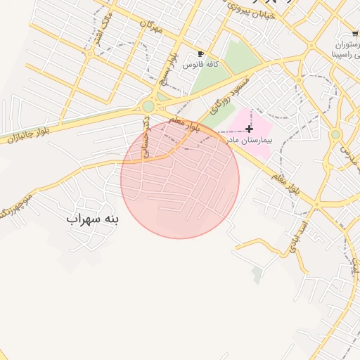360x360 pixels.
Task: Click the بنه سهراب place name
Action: tap(93, 219)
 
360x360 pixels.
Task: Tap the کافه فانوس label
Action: tap(201, 64)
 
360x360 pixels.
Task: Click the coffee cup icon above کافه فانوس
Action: tap(201, 54)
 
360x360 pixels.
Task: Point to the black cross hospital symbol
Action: tap(249, 129)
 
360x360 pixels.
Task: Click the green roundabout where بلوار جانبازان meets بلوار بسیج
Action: tap(148, 107)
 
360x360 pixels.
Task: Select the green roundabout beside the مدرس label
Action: tap(335, 134)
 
